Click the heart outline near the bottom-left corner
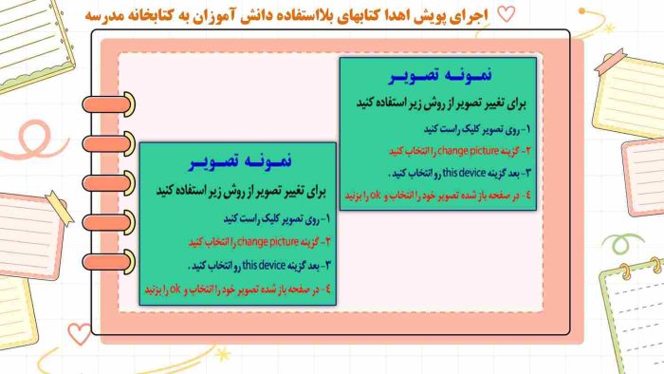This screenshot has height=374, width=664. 78,332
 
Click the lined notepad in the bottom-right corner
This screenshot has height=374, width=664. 634,318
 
